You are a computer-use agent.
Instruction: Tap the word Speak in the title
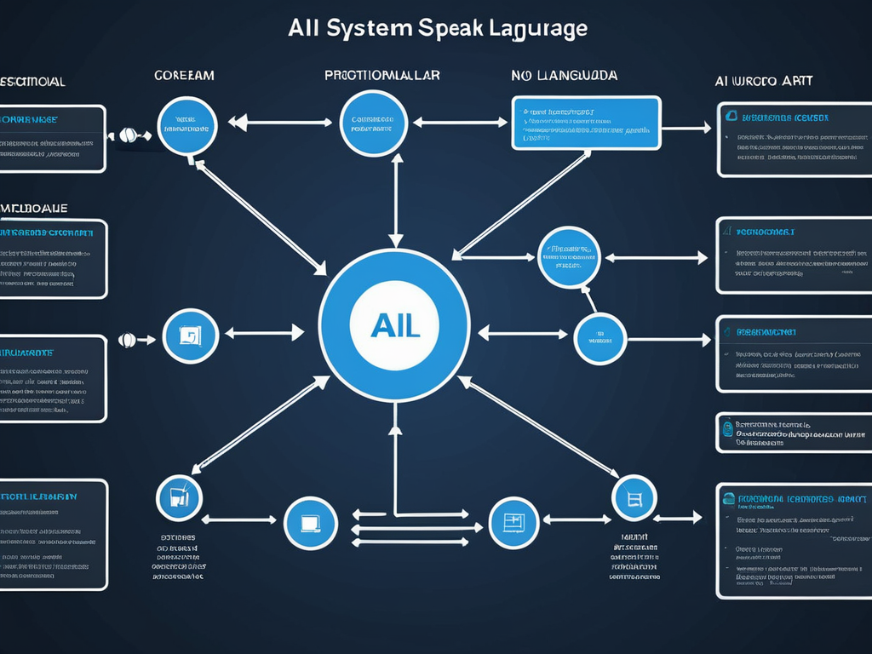pyautogui.click(x=452, y=27)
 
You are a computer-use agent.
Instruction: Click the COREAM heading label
pyautogui.click(x=184, y=76)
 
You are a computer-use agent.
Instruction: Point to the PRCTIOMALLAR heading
pyautogui.click(x=382, y=75)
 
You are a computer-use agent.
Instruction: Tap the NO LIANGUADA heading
pyautogui.click(x=564, y=76)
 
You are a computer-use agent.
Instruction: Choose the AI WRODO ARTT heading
pyautogui.click(x=763, y=81)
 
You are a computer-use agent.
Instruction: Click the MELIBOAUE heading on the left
pyautogui.click(x=34, y=207)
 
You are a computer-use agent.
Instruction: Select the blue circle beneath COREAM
pyautogui.click(x=187, y=125)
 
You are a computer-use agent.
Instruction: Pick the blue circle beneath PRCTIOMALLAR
pyautogui.click(x=372, y=124)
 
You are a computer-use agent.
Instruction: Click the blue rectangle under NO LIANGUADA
pyautogui.click(x=586, y=123)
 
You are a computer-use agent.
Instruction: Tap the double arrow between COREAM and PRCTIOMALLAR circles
pyautogui.click(x=280, y=123)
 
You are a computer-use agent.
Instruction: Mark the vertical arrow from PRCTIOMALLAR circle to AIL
pyautogui.click(x=395, y=201)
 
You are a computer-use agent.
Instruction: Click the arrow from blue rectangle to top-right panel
pyautogui.click(x=686, y=129)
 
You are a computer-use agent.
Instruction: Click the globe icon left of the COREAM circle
pyautogui.click(x=128, y=135)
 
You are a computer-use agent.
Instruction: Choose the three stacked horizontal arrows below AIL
pyautogui.click(x=410, y=528)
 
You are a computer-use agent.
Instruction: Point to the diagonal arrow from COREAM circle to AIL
pyautogui.click(x=261, y=217)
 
